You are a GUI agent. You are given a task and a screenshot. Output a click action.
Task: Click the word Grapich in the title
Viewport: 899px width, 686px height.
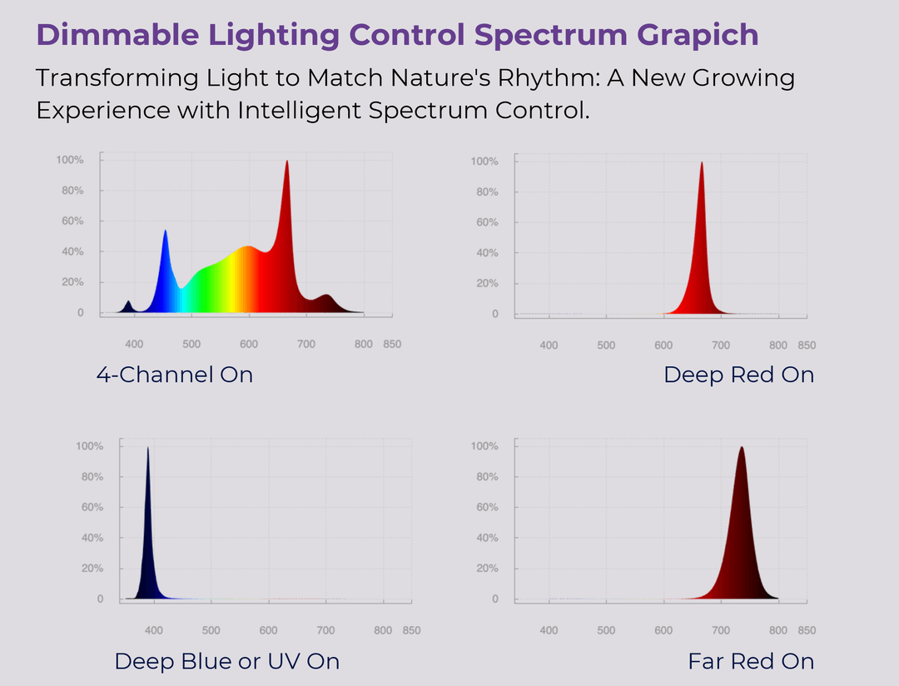[x=698, y=36]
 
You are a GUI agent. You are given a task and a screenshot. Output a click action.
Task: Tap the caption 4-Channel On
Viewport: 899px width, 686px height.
[x=175, y=375]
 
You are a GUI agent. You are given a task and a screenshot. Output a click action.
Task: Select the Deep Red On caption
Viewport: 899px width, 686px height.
[x=738, y=375]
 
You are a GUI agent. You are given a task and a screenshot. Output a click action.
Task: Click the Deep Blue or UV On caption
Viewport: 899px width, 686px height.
[x=227, y=661]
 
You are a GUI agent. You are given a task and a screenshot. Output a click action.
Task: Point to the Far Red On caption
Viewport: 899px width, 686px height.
[x=751, y=661]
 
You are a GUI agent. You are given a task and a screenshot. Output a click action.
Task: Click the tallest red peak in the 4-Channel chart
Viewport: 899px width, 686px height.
[x=286, y=162]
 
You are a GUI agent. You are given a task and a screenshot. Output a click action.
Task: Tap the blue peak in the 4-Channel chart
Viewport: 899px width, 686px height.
[x=165, y=231]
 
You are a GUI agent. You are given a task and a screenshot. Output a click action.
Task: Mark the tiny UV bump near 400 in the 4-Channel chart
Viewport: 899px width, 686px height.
[x=128, y=301]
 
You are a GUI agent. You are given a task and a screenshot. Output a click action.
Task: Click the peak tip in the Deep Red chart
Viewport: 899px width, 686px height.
[x=701, y=162]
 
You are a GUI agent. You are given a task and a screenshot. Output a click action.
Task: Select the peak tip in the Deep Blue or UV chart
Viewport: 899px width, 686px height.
[x=148, y=448]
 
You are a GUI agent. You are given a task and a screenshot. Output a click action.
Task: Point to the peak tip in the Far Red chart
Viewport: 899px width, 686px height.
[x=742, y=447]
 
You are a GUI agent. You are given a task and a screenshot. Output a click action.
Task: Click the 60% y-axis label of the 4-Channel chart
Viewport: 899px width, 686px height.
[x=72, y=221]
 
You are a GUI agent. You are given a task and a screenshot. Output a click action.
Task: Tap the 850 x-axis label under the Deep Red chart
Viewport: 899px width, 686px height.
[x=807, y=345]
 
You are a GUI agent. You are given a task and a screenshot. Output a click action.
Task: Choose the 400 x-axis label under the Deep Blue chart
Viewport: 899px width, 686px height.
[x=154, y=630]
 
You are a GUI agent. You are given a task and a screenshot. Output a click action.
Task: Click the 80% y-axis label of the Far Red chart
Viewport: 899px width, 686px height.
[x=487, y=477]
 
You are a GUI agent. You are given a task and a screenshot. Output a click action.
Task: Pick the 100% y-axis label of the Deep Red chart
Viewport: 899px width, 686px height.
[x=484, y=162]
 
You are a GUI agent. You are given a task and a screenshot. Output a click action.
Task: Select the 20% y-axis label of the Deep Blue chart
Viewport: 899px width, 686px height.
[x=92, y=569]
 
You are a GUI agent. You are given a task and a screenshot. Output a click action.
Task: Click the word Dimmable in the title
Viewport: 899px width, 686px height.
[x=117, y=35]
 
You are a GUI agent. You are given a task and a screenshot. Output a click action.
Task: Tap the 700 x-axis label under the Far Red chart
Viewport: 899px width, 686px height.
[x=721, y=630]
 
